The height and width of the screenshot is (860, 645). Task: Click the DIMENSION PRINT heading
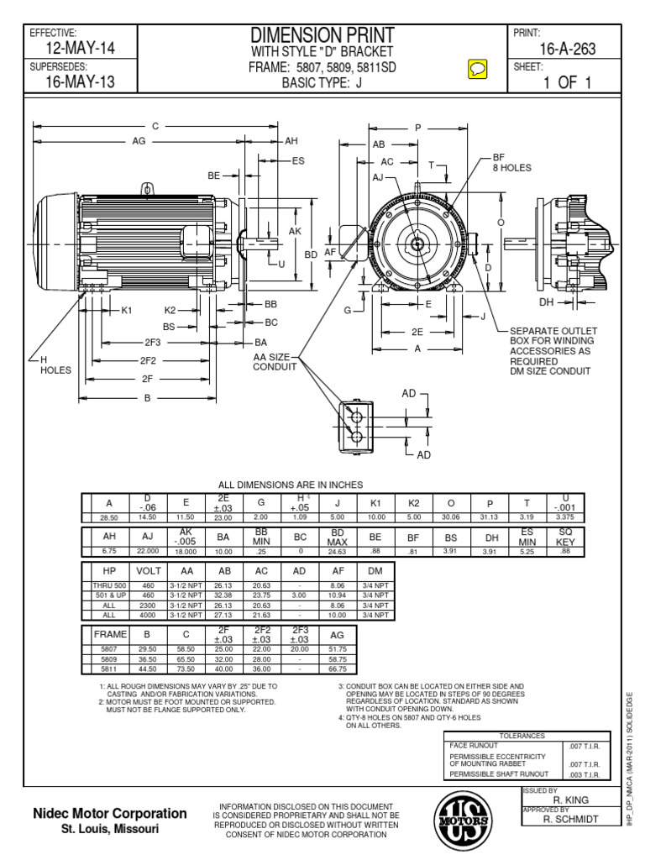323,34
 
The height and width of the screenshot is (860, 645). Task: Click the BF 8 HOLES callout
512,162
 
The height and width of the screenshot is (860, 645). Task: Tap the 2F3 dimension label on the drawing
152,343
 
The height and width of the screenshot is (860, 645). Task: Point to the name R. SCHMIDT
571,818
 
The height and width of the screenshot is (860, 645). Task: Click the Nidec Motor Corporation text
109,814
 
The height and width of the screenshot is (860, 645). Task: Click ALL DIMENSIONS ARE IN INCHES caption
290,485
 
